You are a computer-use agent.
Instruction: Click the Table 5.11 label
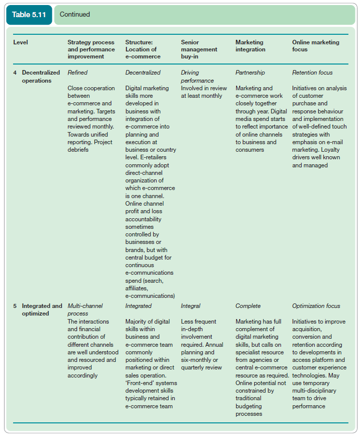(x=29, y=14)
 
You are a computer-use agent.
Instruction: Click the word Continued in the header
(x=75, y=14)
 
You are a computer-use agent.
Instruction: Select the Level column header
(x=21, y=42)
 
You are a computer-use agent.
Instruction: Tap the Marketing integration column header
(x=250, y=46)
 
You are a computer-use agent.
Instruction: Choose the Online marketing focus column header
(x=316, y=46)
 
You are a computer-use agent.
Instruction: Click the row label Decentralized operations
(x=40, y=77)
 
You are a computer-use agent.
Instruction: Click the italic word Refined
(x=78, y=73)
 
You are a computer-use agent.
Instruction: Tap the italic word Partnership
(x=250, y=73)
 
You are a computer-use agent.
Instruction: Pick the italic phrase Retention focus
(x=312, y=73)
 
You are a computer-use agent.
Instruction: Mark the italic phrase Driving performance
(x=197, y=77)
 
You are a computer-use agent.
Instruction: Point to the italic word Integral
(x=190, y=306)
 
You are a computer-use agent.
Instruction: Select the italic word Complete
(x=248, y=306)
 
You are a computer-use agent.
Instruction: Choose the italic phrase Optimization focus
(x=316, y=306)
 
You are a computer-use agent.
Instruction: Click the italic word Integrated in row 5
(x=138, y=306)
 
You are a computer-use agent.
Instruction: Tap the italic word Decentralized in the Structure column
(x=142, y=73)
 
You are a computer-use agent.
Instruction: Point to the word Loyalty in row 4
(x=329, y=157)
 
